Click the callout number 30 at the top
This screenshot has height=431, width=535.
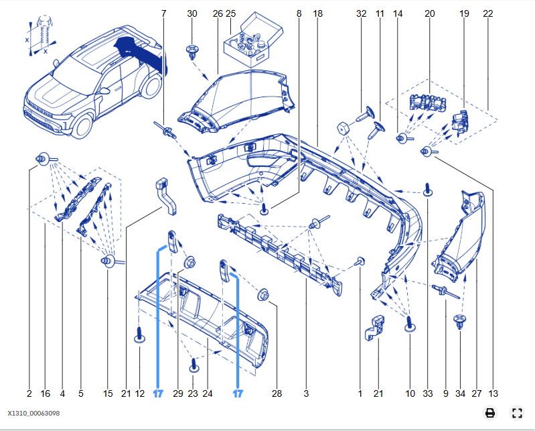click(x=192, y=13)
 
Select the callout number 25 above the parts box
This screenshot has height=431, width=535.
click(x=231, y=13)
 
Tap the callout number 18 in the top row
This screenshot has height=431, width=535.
click(x=317, y=13)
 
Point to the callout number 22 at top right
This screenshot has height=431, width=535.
click(x=487, y=13)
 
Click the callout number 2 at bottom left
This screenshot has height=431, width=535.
click(x=29, y=393)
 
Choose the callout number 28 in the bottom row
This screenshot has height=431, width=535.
click(x=278, y=393)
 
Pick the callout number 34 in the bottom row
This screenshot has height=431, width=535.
click(x=460, y=393)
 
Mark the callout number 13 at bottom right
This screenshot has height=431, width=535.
click(x=493, y=393)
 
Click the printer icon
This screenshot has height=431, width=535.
click(x=490, y=413)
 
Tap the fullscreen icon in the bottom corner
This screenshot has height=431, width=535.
click(x=516, y=413)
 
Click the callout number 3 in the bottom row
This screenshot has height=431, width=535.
click(x=306, y=393)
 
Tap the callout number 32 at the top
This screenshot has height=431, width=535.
click(x=362, y=13)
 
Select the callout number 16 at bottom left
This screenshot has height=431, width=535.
click(x=46, y=393)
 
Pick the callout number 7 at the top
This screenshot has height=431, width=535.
click(x=163, y=13)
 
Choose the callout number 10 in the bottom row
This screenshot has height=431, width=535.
click(x=410, y=393)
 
